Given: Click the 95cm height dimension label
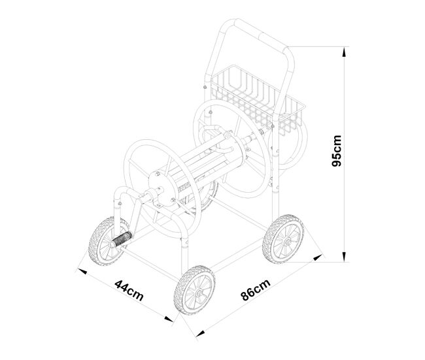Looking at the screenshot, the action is (x=336, y=151).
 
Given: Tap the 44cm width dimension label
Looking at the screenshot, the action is (x=129, y=290).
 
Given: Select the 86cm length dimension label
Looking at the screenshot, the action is (x=256, y=289).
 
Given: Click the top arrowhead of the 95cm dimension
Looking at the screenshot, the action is (x=344, y=52).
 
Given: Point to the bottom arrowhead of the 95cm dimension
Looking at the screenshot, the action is (x=344, y=257).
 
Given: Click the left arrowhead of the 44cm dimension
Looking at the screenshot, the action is (x=82, y=271).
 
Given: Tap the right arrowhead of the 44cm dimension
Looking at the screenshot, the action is (x=169, y=319).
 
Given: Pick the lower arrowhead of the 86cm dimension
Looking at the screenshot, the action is (x=200, y=333).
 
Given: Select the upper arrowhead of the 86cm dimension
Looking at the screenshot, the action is (x=318, y=257).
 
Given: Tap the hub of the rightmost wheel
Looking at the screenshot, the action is (x=288, y=240).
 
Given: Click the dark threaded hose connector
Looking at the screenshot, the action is (x=122, y=238).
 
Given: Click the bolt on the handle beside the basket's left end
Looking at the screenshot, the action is (x=205, y=88).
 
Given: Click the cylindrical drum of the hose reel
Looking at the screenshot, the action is (x=201, y=163).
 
